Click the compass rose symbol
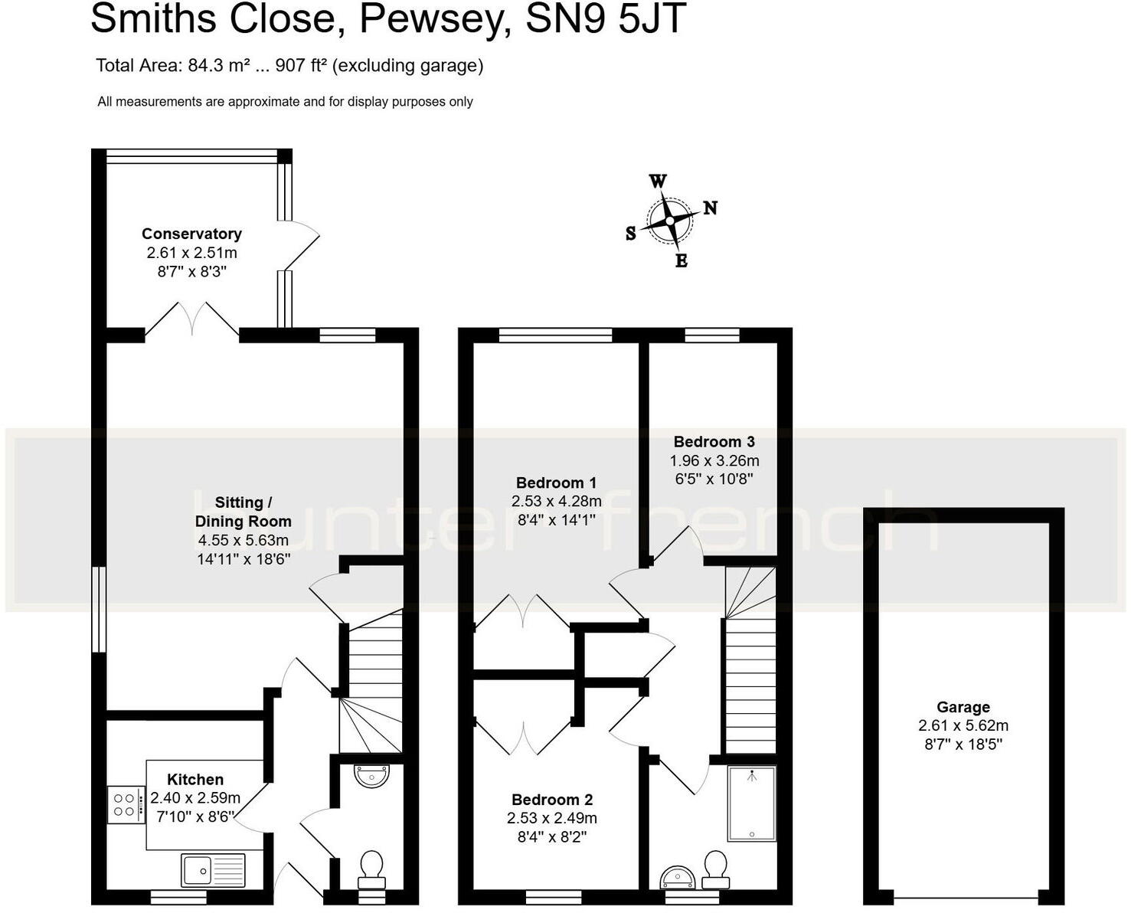pyautogui.click(x=669, y=221)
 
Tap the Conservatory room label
pyautogui.click(x=191, y=234)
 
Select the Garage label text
pyautogui.click(x=963, y=707)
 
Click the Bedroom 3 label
pyautogui.click(x=714, y=441)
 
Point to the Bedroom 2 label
pyautogui.click(x=551, y=800)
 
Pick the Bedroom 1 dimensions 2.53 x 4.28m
pyautogui.click(x=556, y=502)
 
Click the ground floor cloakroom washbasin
pyautogui.click(x=371, y=776)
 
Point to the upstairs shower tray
pyautogui.click(x=751, y=803)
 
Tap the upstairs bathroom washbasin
pyautogui.click(x=678, y=876)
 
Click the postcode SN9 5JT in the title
pyautogui.click(x=605, y=19)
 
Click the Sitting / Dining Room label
pyautogui.click(x=243, y=512)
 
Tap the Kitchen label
pyautogui.click(x=195, y=779)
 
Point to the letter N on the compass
pyautogui.click(x=710, y=208)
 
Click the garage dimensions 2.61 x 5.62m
pyautogui.click(x=963, y=725)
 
